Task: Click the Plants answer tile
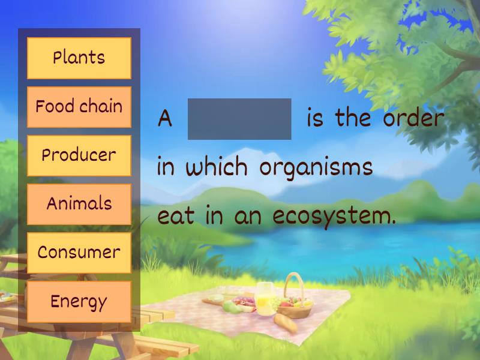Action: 79,58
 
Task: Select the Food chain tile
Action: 79,107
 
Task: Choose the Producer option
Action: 79,155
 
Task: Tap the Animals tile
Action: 79,204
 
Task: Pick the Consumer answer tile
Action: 79,253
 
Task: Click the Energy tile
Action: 79,301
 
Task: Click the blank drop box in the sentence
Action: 239,119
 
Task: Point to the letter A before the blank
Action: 164,119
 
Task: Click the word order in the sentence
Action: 413,118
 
